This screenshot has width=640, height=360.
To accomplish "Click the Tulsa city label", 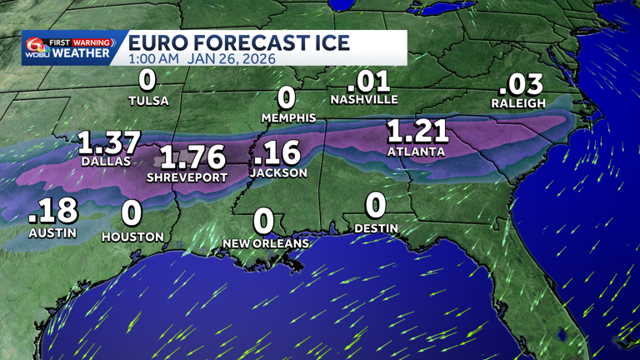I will click(x=148, y=101).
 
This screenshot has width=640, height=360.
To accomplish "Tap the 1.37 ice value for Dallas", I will click(x=109, y=143).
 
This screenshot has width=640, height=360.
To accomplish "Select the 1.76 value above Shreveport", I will click(x=192, y=157).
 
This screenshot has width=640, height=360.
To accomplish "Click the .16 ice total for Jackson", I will click(x=277, y=153).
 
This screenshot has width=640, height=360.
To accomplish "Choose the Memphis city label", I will click(x=289, y=118).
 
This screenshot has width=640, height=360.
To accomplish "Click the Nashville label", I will click(x=364, y=99).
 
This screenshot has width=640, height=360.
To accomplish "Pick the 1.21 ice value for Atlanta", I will click(x=417, y=132).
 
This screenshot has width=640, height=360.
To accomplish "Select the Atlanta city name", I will click(x=416, y=152).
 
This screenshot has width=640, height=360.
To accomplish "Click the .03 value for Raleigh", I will click(x=521, y=84).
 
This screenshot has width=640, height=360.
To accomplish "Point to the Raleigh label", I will click(x=517, y=103).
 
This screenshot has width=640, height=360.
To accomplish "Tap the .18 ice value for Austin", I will click(x=52, y=212).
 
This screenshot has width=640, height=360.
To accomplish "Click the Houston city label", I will click(x=132, y=237).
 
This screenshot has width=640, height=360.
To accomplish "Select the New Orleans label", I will click(x=266, y=243).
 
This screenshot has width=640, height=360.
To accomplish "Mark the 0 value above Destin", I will click(x=376, y=205).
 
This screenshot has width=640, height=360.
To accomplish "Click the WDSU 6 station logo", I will click(x=36, y=47).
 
